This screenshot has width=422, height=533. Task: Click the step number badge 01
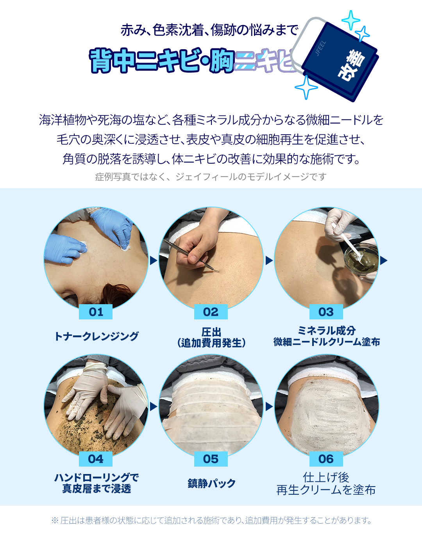coord(96,312)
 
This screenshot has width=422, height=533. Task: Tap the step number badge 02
coord(211,312)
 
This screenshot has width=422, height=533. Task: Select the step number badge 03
coord(326,312)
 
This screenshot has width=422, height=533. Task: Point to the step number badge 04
coord(96,459)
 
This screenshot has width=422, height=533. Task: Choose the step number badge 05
coord(211,459)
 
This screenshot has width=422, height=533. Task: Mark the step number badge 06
coord(326,459)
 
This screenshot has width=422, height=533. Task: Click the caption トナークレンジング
coord(96,336)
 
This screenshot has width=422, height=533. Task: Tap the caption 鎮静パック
coord(211,483)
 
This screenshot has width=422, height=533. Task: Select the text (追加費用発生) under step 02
coord(211,343)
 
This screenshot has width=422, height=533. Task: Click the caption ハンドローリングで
coord(96,477)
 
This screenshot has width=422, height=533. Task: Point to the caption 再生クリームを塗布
coord(326,490)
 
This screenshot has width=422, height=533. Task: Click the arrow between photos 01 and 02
coord(153,260)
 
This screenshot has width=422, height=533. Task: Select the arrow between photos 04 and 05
coord(153,407)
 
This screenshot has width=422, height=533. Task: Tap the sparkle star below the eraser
coord(306,87)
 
